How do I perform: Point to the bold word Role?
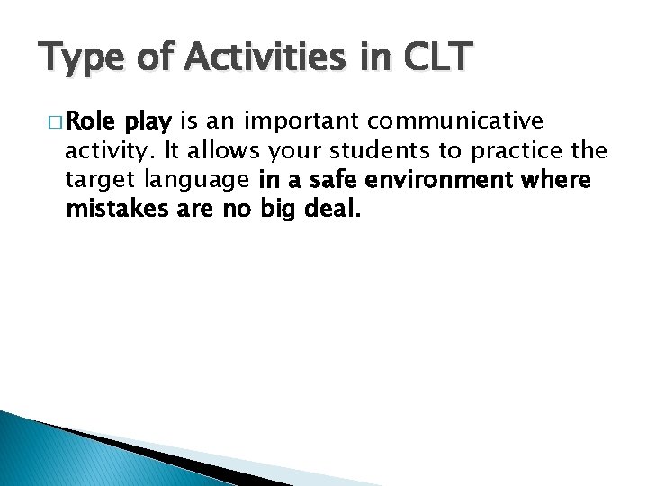[93, 121]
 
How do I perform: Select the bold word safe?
[328, 180]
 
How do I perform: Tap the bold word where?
[560, 180]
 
